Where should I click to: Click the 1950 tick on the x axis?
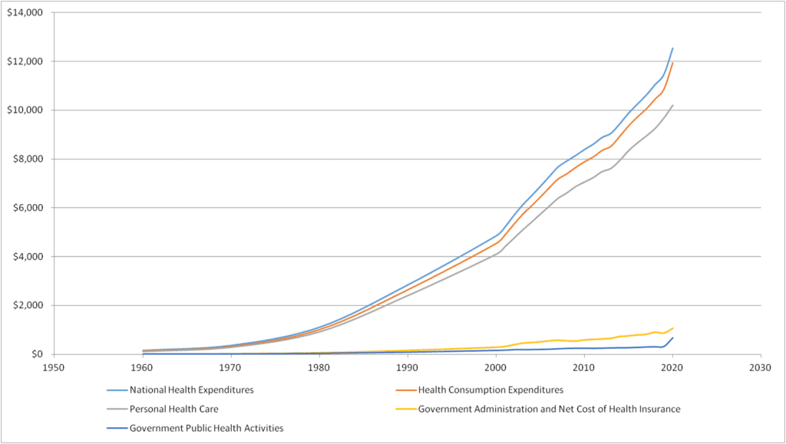pyautogui.click(x=53, y=367)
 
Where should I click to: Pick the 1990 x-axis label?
pyautogui.click(x=407, y=367)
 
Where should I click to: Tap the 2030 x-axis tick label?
pyautogui.click(x=760, y=367)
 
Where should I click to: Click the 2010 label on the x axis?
pyautogui.click(x=583, y=367)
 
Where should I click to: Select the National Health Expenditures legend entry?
pyautogui.click(x=191, y=390)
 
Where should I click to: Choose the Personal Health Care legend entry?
pyautogui.click(x=174, y=409)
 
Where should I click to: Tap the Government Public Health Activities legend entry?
pyautogui.click(x=206, y=428)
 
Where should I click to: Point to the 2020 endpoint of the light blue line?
pyautogui.click(x=672, y=48)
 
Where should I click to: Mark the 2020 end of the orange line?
pyautogui.click(x=672, y=63)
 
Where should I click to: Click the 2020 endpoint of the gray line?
pyautogui.click(x=672, y=105)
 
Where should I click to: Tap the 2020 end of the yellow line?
pyautogui.click(x=672, y=328)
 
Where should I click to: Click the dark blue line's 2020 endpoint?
pyautogui.click(x=672, y=338)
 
